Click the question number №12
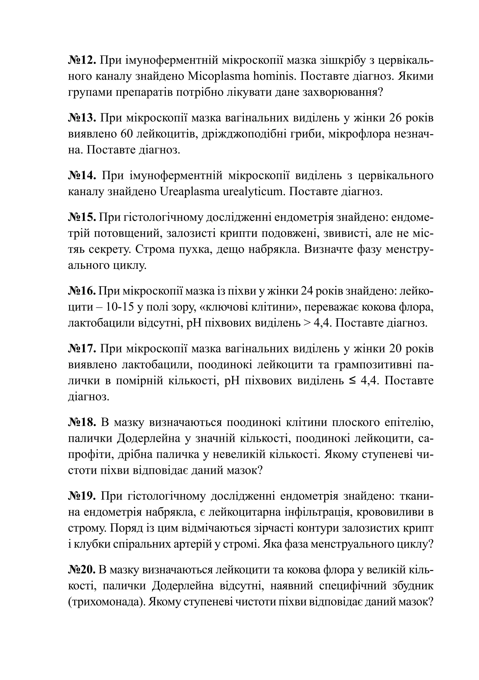click(x=82, y=60)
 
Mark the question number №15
click(x=82, y=217)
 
